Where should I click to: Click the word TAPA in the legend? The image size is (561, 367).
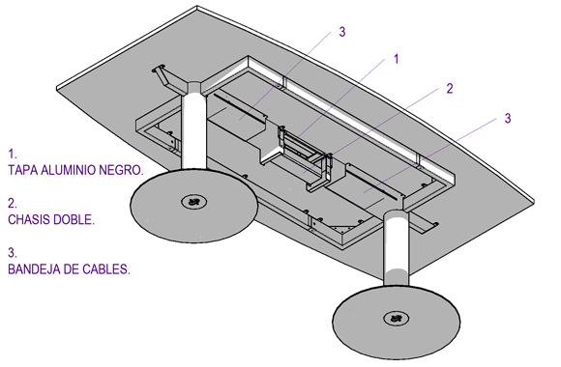coord(23,170)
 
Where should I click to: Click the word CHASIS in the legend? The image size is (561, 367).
coord(29,219)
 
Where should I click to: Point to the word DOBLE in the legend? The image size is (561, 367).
coord(74,219)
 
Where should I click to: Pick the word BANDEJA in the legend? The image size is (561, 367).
coord(34,269)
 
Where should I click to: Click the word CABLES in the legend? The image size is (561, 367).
coord(106,269)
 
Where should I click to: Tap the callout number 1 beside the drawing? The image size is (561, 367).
coord(396,59)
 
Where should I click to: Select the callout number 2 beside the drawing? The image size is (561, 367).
coord(450,88)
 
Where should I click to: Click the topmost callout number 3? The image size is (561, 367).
coord(342,32)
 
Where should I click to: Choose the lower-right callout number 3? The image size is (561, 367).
coord(508,118)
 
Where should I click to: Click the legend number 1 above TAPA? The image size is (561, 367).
coord(13,154)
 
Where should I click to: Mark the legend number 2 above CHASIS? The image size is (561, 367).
coord(13,204)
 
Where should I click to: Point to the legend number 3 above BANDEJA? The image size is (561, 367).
coord(13,253)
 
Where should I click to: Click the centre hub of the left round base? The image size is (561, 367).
coord(193,202)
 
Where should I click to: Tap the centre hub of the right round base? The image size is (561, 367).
coord(396,318)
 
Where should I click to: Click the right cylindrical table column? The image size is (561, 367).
coord(396,248)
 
